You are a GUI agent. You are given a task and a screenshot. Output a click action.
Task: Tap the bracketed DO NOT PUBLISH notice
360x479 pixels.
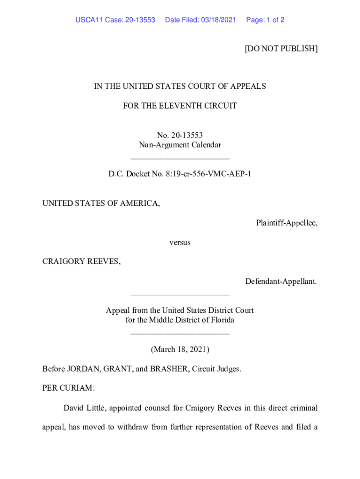click(281, 49)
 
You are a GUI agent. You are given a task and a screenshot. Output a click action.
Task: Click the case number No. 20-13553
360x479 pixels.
click(180, 135)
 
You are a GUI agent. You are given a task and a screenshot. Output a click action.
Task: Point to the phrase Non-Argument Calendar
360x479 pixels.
click(180, 145)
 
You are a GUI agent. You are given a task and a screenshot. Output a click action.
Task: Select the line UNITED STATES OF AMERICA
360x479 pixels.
click(101, 203)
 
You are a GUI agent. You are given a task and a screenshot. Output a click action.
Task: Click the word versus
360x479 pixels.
click(180, 242)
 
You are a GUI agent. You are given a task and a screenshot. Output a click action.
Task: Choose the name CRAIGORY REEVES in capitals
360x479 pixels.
click(81, 261)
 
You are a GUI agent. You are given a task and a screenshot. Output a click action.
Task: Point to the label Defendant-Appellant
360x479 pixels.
click(281, 281)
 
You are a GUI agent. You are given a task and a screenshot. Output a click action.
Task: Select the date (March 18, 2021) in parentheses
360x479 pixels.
click(180, 349)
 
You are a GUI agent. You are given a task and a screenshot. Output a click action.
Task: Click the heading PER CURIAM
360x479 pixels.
click(68, 388)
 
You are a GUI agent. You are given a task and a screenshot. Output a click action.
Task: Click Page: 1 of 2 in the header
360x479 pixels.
click(265, 20)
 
